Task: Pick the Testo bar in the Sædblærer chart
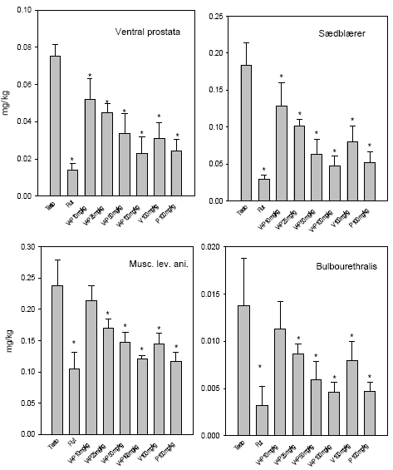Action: coord(247,133)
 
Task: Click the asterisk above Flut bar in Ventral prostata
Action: coord(71,160)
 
